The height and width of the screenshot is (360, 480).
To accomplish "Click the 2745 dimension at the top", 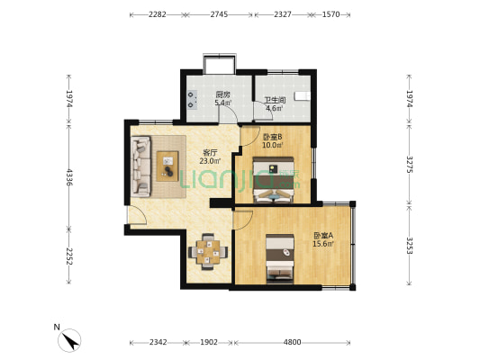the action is [x=219, y=14].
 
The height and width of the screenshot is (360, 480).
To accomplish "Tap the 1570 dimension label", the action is [x=331, y=14].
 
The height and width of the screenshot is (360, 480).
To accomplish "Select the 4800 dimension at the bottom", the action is [x=292, y=342].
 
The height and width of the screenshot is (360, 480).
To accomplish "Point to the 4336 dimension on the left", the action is [x=69, y=177].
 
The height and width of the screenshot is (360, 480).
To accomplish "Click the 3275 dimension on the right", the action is [x=410, y=164].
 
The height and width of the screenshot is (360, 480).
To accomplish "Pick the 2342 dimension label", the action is [x=158, y=342].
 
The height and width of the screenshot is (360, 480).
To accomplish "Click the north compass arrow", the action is [x=71, y=341].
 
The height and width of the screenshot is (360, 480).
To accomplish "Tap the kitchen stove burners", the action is [x=192, y=100].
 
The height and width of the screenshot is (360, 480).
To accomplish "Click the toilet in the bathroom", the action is [x=303, y=95].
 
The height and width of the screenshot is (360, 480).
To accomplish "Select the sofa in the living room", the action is [x=140, y=166].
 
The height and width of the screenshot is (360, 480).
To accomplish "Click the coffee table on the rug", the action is [x=168, y=166].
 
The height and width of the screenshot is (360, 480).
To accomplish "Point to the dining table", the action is [x=208, y=252].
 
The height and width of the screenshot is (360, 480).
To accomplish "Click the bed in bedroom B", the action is [x=273, y=180].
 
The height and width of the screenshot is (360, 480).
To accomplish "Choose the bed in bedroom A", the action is [x=280, y=259].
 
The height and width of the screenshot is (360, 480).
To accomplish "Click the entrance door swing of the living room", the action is [x=138, y=215].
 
